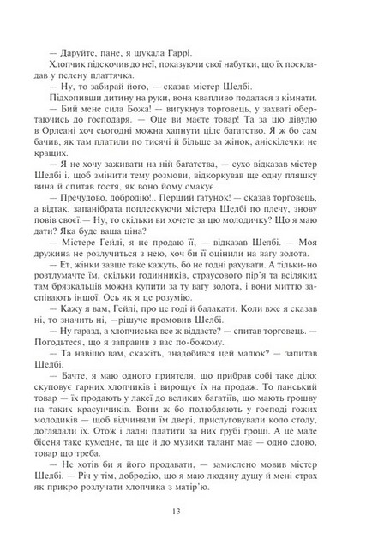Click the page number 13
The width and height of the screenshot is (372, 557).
(x=186, y=512)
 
